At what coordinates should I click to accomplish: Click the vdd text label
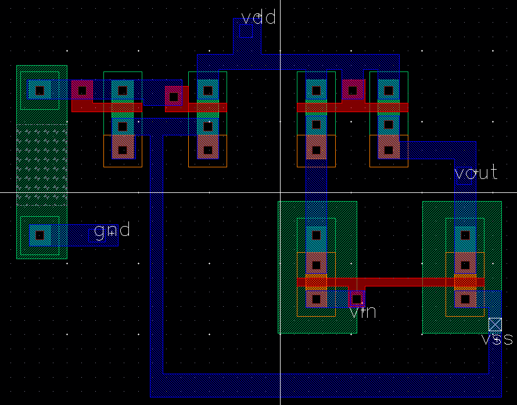[x=258, y=17]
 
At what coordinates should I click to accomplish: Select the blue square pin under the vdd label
[x=246, y=31]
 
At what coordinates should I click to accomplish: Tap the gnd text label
[x=112, y=231]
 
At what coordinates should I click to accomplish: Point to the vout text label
[x=476, y=172]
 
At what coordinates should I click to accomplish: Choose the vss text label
[x=497, y=339]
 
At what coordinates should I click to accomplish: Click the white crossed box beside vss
[x=495, y=324]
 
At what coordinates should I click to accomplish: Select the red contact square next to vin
[x=356, y=300]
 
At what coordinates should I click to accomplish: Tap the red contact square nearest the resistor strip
[x=82, y=90]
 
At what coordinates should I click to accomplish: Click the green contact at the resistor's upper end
[x=40, y=90]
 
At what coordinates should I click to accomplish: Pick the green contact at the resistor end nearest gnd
[x=40, y=235]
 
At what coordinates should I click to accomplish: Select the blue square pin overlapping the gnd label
[x=96, y=235]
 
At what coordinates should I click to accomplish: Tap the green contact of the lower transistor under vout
[x=465, y=235]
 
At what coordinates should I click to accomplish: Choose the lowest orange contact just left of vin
[x=316, y=300]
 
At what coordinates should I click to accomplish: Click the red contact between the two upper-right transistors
[x=353, y=90]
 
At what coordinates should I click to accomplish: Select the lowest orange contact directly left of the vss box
[x=465, y=300]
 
